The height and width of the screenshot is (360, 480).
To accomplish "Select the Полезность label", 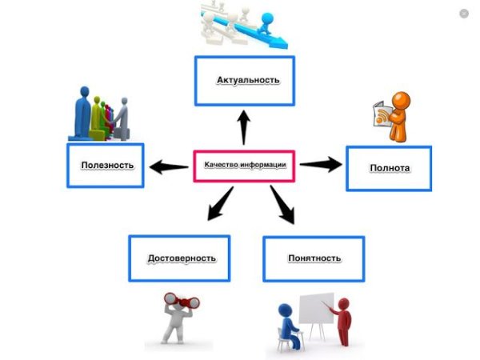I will (106, 166).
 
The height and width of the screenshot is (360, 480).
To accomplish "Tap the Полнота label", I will (390, 168).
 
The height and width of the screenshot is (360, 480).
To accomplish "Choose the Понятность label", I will (314, 258).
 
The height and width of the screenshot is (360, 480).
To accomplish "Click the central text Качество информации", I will (245, 166).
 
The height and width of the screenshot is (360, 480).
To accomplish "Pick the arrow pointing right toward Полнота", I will (320, 164).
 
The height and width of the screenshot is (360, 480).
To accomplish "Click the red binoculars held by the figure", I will (182, 302).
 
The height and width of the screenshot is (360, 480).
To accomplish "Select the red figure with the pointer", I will (344, 320).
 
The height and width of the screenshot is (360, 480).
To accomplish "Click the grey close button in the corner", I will (464, 14).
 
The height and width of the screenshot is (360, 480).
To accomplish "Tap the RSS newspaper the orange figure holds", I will (384, 114).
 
